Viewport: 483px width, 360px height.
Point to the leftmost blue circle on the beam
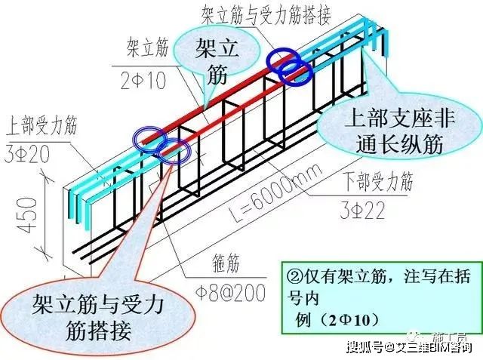tap(149, 137)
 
